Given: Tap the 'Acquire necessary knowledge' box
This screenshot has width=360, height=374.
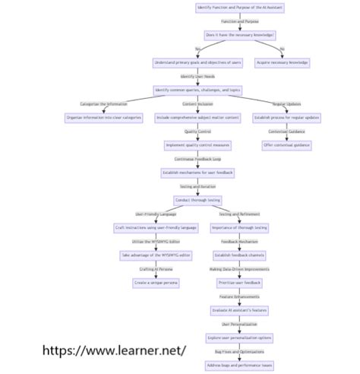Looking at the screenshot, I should [x=282, y=62].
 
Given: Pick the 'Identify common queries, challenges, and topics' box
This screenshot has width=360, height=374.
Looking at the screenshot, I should [x=197, y=90].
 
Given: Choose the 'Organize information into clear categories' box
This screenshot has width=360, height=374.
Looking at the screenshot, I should [x=103, y=117].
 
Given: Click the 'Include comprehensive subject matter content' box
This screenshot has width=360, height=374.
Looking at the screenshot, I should [x=197, y=117].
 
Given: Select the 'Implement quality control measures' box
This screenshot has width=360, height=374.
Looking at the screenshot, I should [x=197, y=144].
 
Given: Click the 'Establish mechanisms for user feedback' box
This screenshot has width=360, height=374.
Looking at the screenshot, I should [x=197, y=173].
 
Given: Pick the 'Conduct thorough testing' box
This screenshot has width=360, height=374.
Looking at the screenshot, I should [x=197, y=200].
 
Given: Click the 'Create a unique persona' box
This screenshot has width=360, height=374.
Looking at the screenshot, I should [x=156, y=282].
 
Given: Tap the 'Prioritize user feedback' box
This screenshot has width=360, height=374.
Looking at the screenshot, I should [x=240, y=282].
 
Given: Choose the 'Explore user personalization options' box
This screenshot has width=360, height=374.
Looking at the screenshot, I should [x=240, y=337].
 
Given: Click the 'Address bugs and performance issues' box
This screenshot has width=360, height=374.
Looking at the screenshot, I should [x=240, y=365].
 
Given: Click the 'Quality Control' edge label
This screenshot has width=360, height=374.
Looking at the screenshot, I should [x=197, y=132].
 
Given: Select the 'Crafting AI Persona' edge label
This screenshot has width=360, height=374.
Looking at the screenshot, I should [x=156, y=268].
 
